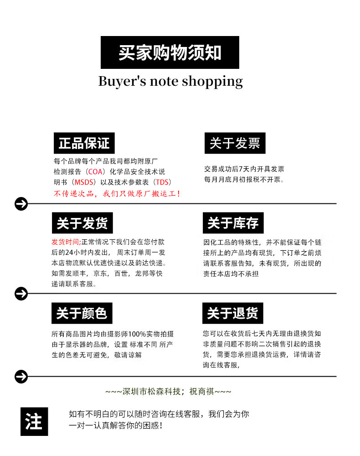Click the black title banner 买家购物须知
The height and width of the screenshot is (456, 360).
click(x=170, y=52)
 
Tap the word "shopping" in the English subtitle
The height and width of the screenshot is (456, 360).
click(x=212, y=82)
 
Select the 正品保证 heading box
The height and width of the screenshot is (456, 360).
click(x=84, y=143)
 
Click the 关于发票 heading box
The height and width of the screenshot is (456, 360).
click(x=235, y=143)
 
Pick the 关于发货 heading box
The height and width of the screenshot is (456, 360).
click(x=82, y=223)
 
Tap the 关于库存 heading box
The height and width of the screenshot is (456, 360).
click(x=233, y=223)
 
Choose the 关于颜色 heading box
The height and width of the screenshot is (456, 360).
click(x=82, y=313)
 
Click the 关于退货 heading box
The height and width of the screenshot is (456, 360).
click(x=232, y=313)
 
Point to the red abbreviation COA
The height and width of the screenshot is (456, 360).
click(x=96, y=172)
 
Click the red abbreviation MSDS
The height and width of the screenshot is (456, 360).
click(x=84, y=182)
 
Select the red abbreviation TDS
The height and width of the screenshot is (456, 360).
click(x=163, y=182)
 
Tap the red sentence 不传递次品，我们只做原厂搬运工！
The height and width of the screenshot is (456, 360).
click(x=117, y=194)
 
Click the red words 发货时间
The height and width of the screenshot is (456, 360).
click(x=66, y=242)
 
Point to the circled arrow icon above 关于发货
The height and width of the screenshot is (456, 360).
click(x=21, y=204)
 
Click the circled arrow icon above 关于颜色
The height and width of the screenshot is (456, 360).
click(x=21, y=294)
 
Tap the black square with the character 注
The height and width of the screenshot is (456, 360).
click(x=34, y=421)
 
